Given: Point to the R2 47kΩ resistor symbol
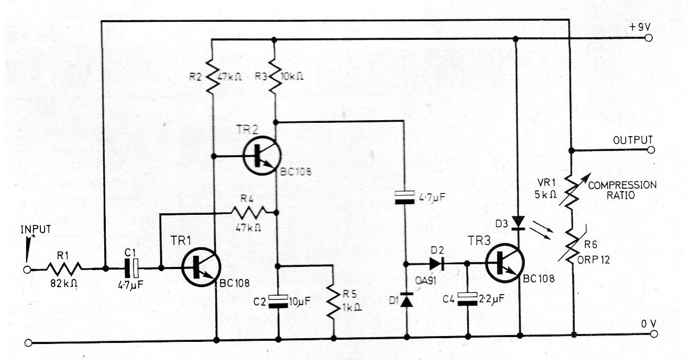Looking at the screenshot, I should tap(212, 76).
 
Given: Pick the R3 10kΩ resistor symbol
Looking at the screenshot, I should tap(274, 76).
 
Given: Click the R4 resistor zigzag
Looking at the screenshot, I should tap(249, 213).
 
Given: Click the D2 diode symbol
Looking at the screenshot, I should tap(436, 263).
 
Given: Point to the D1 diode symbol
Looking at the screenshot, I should tap(406, 300).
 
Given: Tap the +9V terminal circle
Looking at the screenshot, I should tap(649, 38).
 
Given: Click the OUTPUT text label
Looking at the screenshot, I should tap(632, 140).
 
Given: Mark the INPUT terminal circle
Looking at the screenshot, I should tap(28, 270).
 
